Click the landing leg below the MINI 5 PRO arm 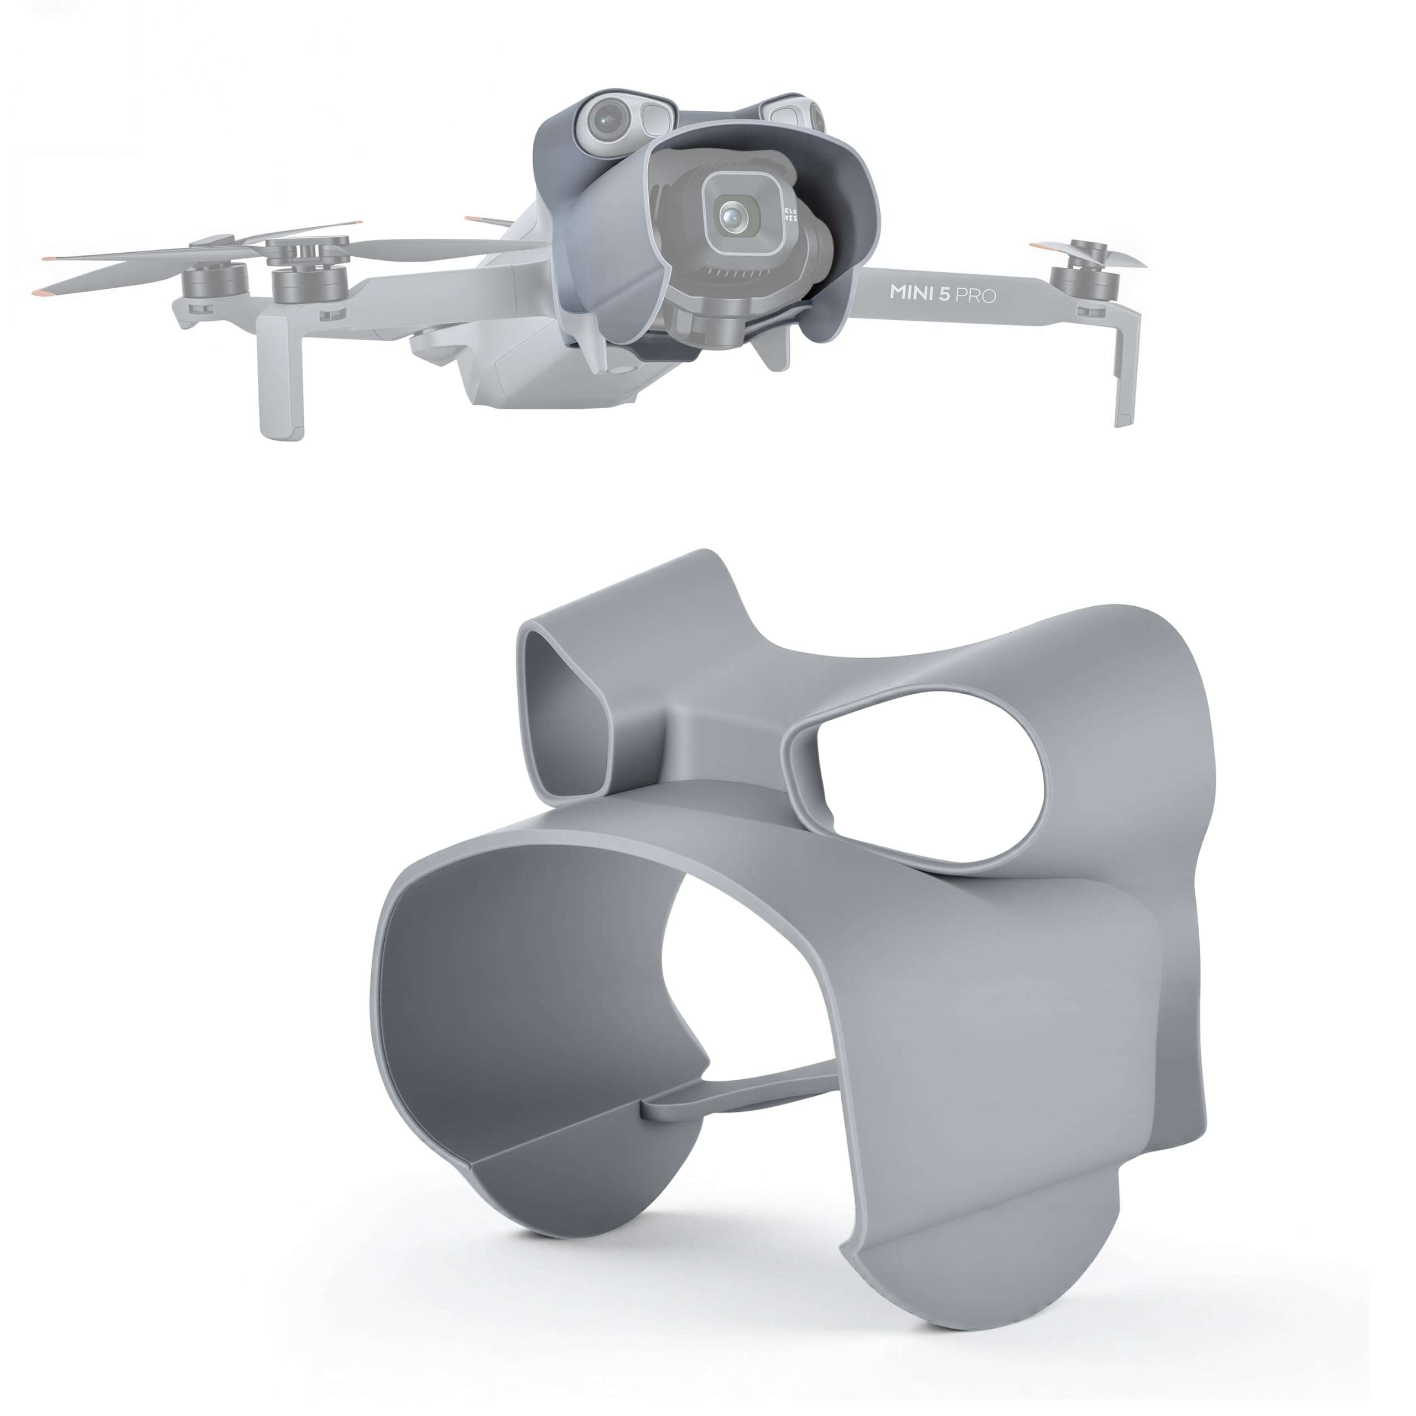(x=1125, y=367)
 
